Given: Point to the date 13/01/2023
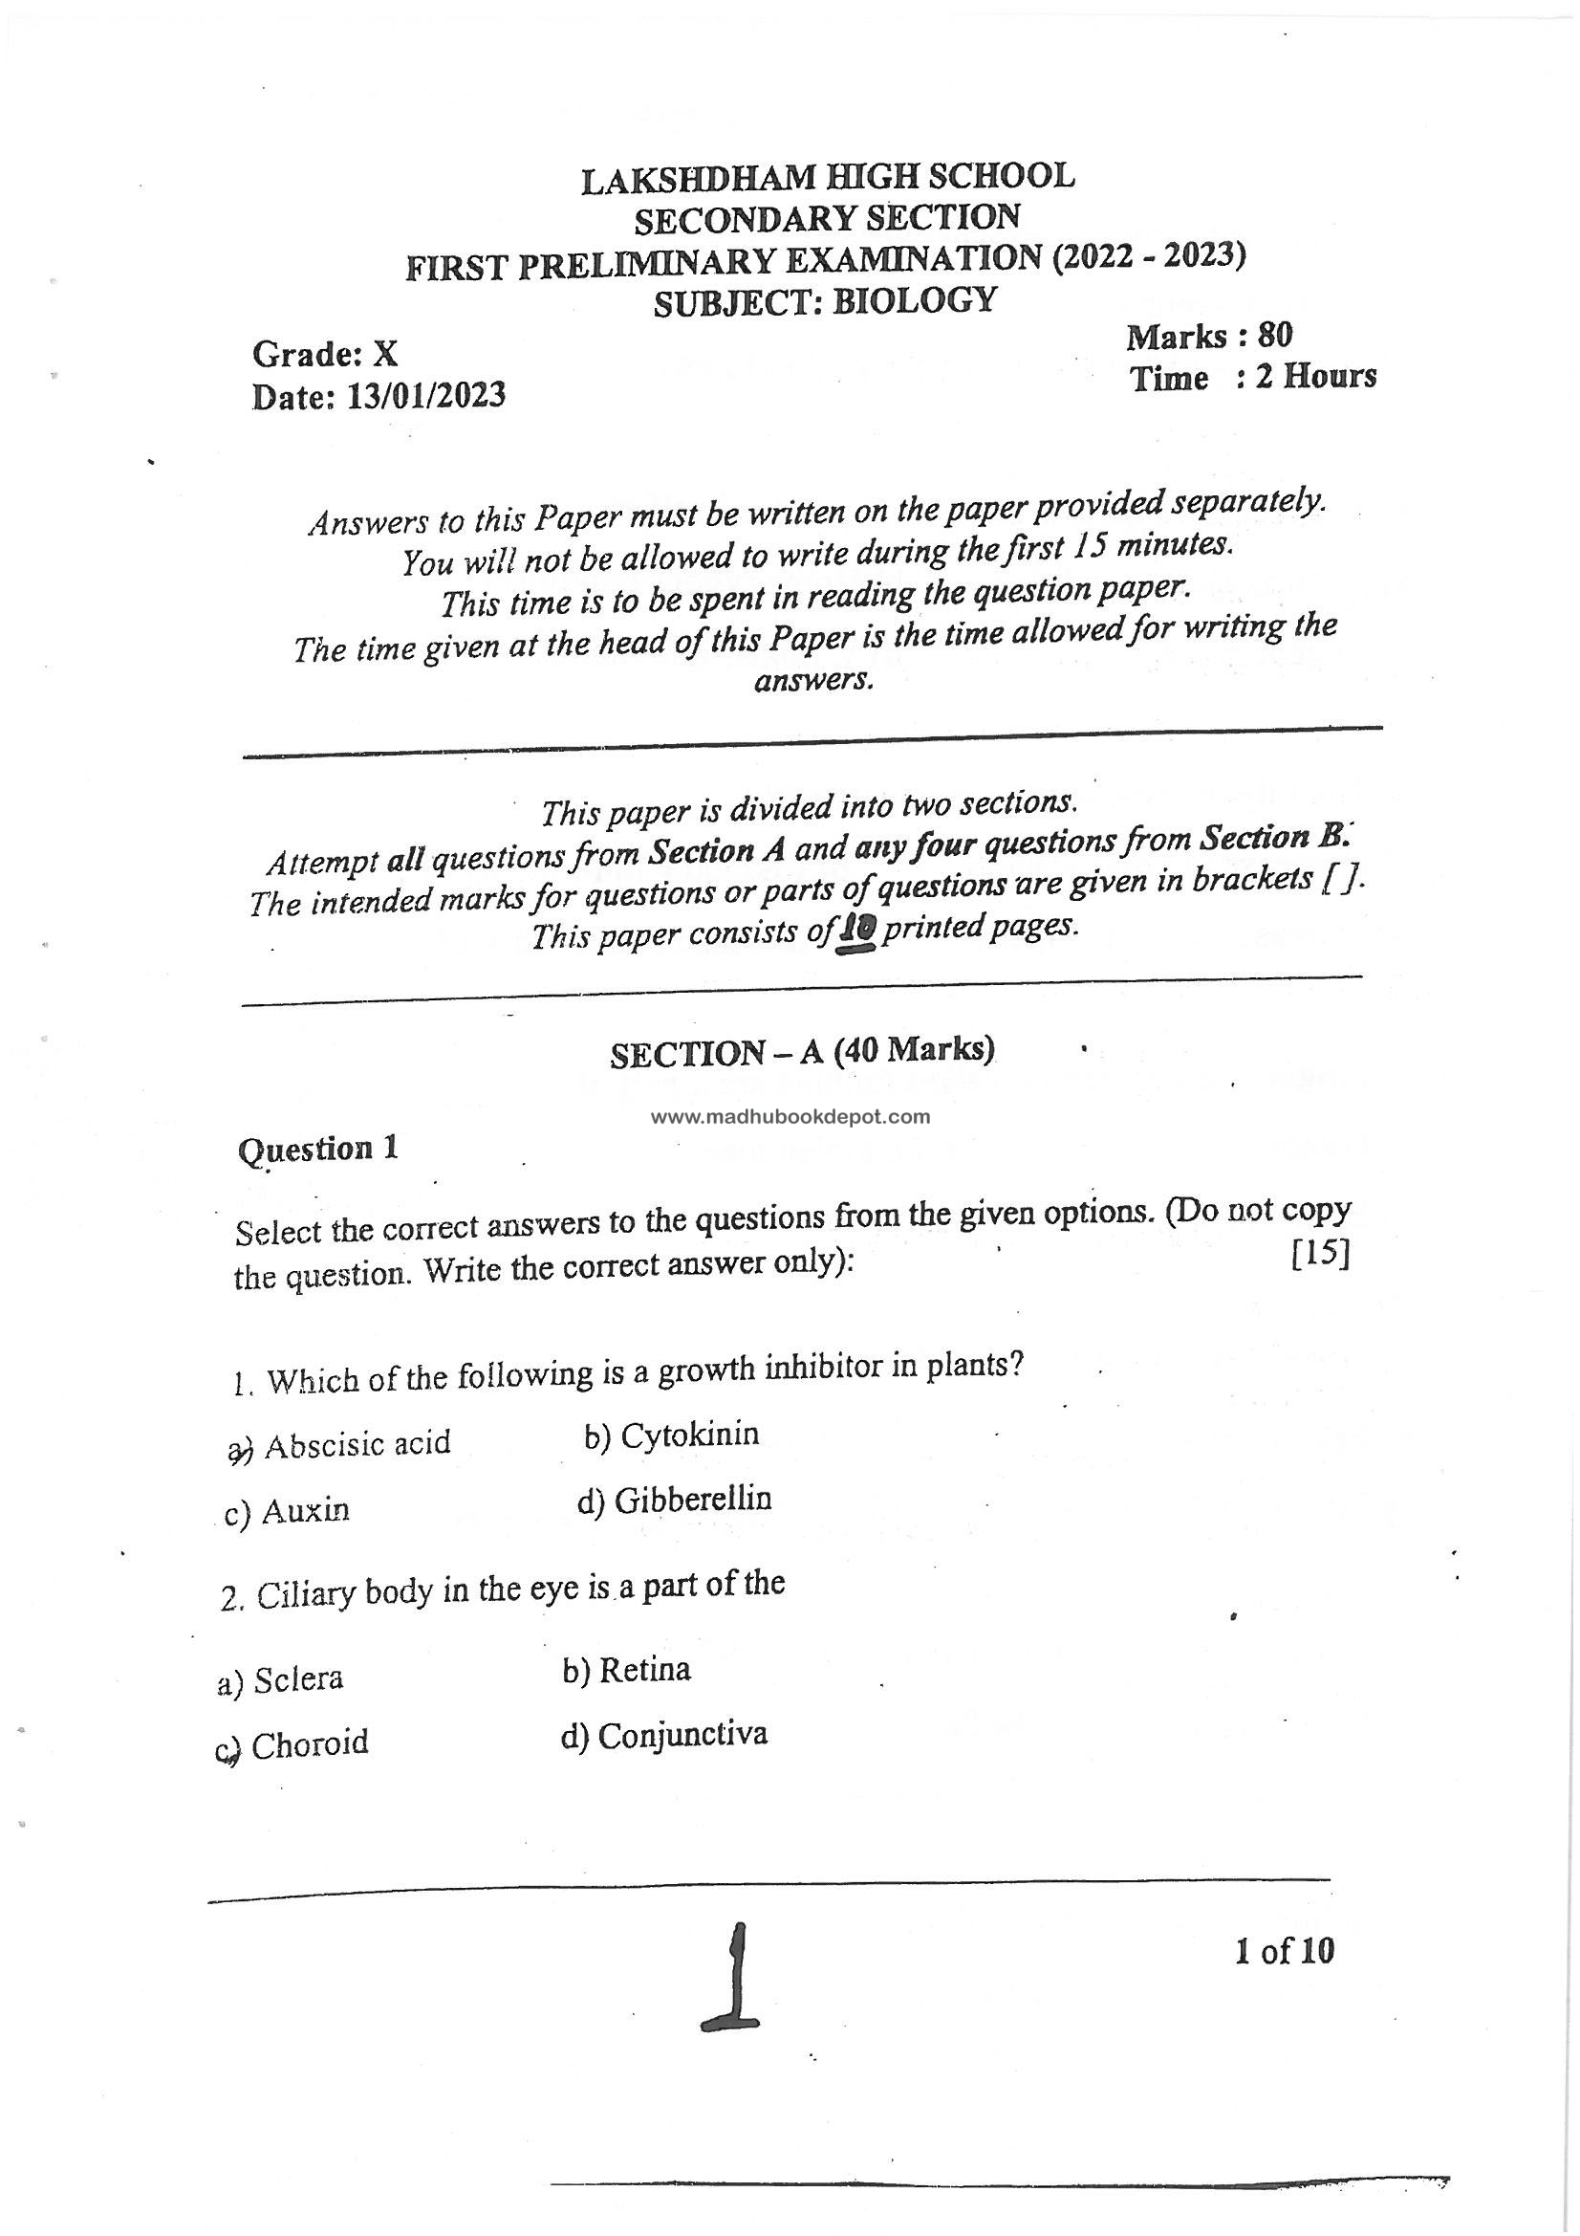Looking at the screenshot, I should pos(425,395).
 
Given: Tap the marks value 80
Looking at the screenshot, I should pos(1274,336).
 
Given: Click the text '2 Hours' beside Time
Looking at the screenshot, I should pos(1315,377).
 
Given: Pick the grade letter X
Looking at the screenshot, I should pos(385,354).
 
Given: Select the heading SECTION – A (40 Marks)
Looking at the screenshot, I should pos(801,1052).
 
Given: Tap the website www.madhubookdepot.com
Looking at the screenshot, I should pos(790,1117).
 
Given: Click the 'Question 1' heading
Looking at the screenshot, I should pos(317,1150).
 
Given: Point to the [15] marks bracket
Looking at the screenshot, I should pos(1319,1255).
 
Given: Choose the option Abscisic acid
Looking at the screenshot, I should pos(357,1443).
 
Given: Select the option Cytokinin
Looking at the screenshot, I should pos(689,1435).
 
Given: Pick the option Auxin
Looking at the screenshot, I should pos(306,1510).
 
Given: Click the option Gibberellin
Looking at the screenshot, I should pos(692,1500).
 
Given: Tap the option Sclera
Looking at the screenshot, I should pos(298,1679).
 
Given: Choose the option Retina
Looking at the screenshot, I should pos(644,1669).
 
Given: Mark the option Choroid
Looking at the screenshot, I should pos(310,1743).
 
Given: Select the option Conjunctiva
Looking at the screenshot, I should pos(682,1735).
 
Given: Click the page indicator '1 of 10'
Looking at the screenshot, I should pos(1284,1951).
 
